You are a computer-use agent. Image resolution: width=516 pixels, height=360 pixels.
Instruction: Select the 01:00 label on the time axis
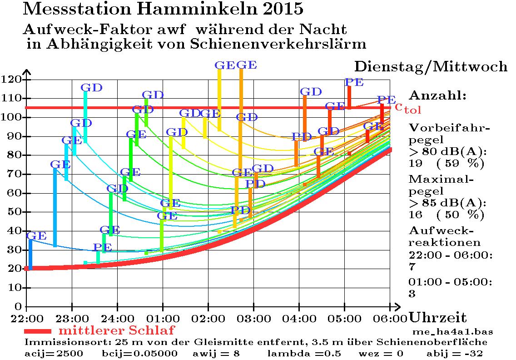click(x=163, y=317)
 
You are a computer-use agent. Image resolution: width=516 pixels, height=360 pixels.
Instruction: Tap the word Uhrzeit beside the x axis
click(x=438, y=317)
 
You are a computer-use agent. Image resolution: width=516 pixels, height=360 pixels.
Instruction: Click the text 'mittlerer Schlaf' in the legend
click(x=117, y=330)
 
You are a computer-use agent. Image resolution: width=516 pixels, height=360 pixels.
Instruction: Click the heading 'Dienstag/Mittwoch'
click(x=431, y=67)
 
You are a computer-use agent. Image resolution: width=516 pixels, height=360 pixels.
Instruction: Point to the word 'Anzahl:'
click(x=437, y=96)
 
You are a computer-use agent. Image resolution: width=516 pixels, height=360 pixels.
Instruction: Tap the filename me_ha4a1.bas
click(x=452, y=331)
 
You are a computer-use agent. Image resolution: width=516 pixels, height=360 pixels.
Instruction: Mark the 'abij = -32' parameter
click(x=454, y=354)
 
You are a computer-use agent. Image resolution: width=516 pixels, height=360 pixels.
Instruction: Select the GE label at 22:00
click(x=36, y=236)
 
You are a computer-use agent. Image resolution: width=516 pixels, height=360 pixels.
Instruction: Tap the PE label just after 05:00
click(x=354, y=82)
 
